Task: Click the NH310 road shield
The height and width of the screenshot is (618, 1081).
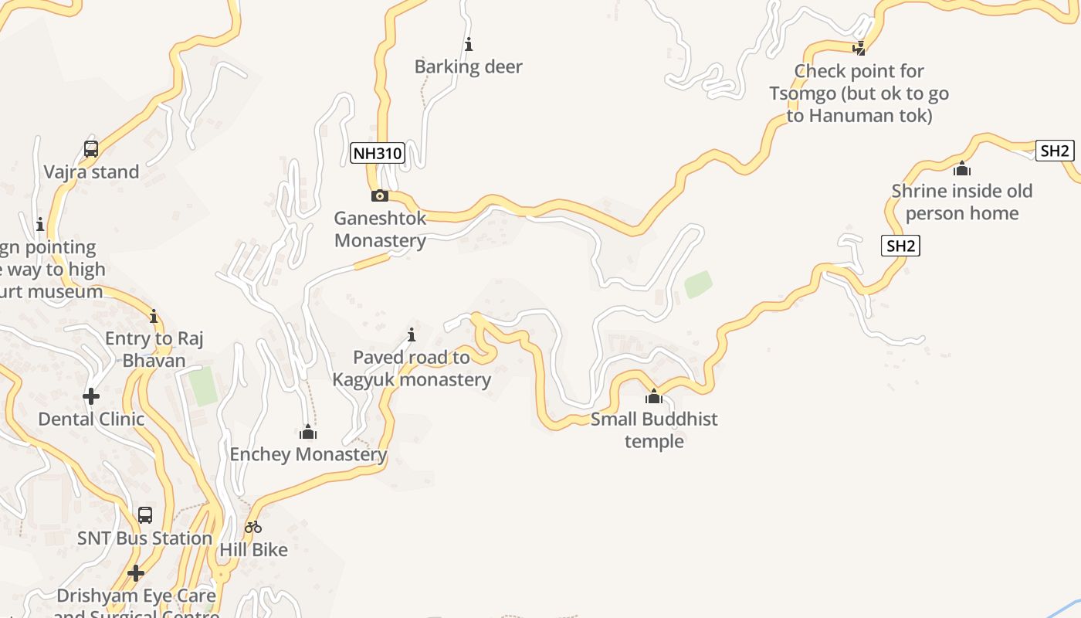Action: pyautogui.click(x=378, y=153)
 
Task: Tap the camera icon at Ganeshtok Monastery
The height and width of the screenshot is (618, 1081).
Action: pyautogui.click(x=379, y=195)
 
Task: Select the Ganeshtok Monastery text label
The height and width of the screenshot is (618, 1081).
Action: pyautogui.click(x=380, y=229)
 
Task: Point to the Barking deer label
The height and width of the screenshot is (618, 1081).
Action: pyautogui.click(x=469, y=66)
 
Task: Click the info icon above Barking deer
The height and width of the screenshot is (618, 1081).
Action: pyautogui.click(x=469, y=44)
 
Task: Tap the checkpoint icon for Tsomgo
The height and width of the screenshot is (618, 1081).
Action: pyautogui.click(x=859, y=48)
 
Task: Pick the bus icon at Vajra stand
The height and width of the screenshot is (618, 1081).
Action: pyautogui.click(x=91, y=149)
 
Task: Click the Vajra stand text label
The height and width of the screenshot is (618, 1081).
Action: pyautogui.click(x=91, y=171)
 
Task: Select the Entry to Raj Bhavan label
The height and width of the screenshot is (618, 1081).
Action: pyautogui.click(x=154, y=349)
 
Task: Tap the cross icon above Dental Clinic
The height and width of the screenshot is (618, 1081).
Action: pyautogui.click(x=91, y=396)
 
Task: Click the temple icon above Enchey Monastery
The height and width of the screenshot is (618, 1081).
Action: pyautogui.click(x=308, y=432)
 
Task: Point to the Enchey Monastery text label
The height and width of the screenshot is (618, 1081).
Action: pyautogui.click(x=308, y=454)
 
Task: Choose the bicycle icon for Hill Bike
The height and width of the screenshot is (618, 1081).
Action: pyautogui.click(x=253, y=528)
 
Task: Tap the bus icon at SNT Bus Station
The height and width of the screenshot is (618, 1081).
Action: pyautogui.click(x=144, y=515)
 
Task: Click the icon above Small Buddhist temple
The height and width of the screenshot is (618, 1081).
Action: pyautogui.click(x=654, y=397)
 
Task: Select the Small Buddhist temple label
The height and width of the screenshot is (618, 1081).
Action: pyautogui.click(x=654, y=430)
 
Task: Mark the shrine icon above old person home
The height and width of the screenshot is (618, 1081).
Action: pyautogui.click(x=961, y=168)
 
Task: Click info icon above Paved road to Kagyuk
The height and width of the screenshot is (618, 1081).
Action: pyautogui.click(x=412, y=334)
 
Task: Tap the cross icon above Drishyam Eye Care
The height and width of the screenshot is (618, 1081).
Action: pyautogui.click(x=136, y=573)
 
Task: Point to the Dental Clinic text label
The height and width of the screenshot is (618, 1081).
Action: pyautogui.click(x=91, y=419)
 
